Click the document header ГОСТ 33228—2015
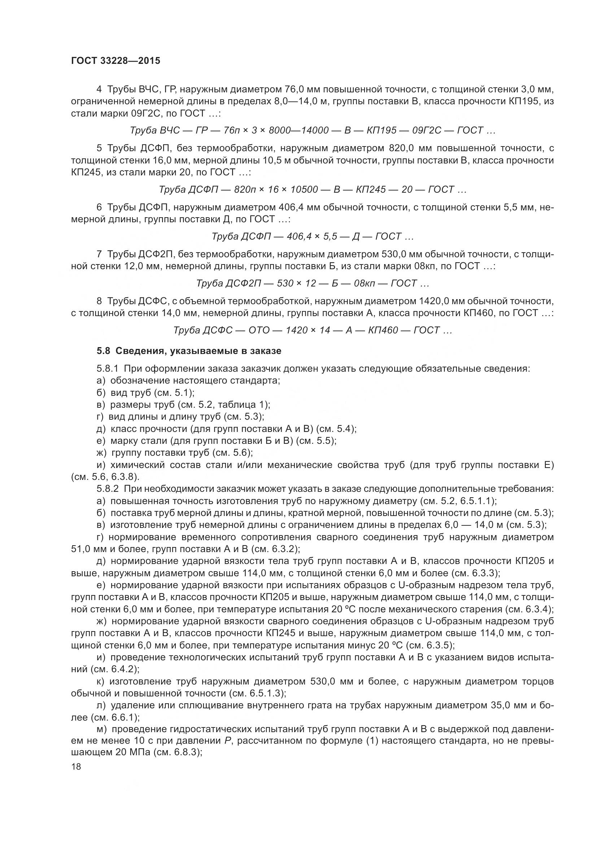click(116, 61)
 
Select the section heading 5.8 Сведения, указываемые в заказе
click(189, 351)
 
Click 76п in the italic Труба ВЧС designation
click(232, 131)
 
